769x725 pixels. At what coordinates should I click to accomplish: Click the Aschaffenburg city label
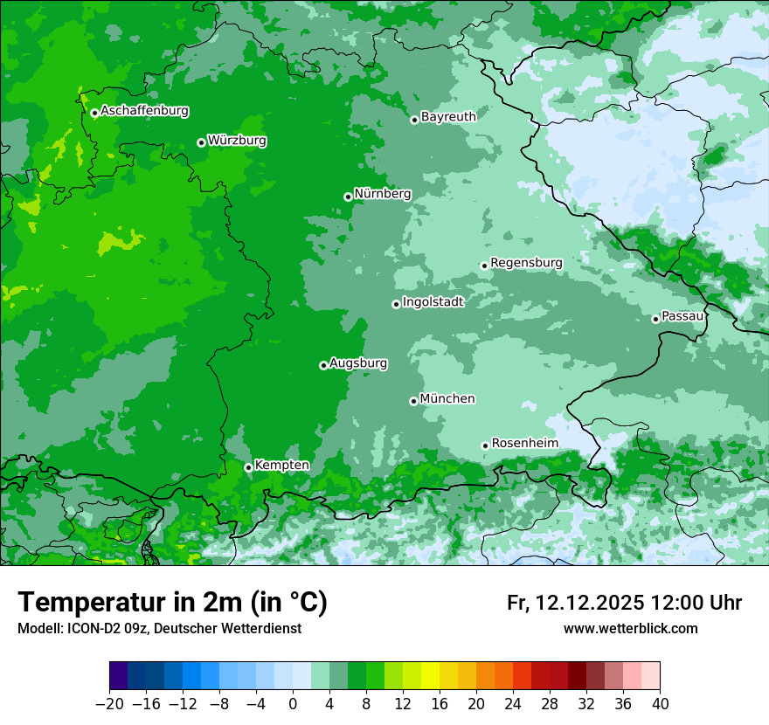(144, 111)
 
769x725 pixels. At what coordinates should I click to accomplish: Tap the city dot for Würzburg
(201, 142)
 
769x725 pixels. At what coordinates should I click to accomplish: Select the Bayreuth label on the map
(448, 117)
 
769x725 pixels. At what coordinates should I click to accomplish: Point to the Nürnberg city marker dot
(348, 197)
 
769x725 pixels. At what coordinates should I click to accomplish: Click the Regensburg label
(526, 263)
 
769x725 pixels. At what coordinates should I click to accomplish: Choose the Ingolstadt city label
(433, 302)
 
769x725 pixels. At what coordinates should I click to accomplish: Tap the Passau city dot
(655, 319)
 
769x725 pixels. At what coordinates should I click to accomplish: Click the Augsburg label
(358, 363)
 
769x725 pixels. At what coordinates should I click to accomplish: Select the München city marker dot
(413, 401)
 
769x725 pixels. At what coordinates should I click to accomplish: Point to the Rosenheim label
(524, 444)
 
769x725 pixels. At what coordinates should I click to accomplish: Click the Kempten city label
(281, 466)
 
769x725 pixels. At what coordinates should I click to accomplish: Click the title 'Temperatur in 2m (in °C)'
(172, 603)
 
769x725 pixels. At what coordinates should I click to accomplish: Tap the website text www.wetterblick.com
(630, 628)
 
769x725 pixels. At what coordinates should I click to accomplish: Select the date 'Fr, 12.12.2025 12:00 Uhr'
(624, 603)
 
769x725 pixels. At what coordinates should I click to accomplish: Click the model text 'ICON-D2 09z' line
(159, 628)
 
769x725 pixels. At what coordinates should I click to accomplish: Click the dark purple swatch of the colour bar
(118, 675)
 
